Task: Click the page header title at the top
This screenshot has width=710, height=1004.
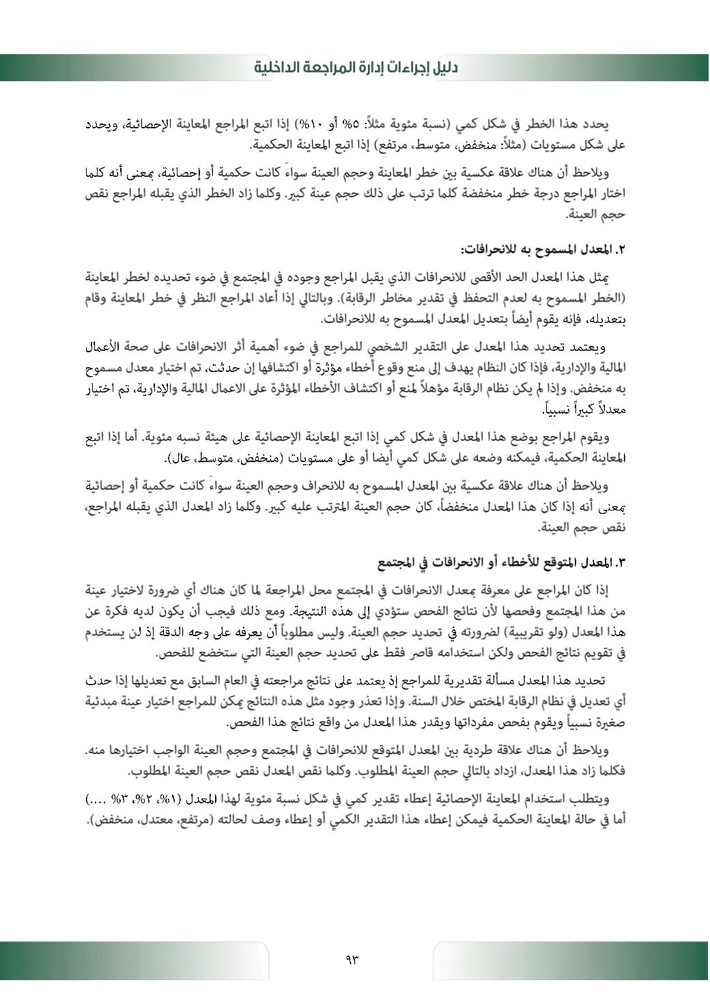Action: (x=356, y=68)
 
